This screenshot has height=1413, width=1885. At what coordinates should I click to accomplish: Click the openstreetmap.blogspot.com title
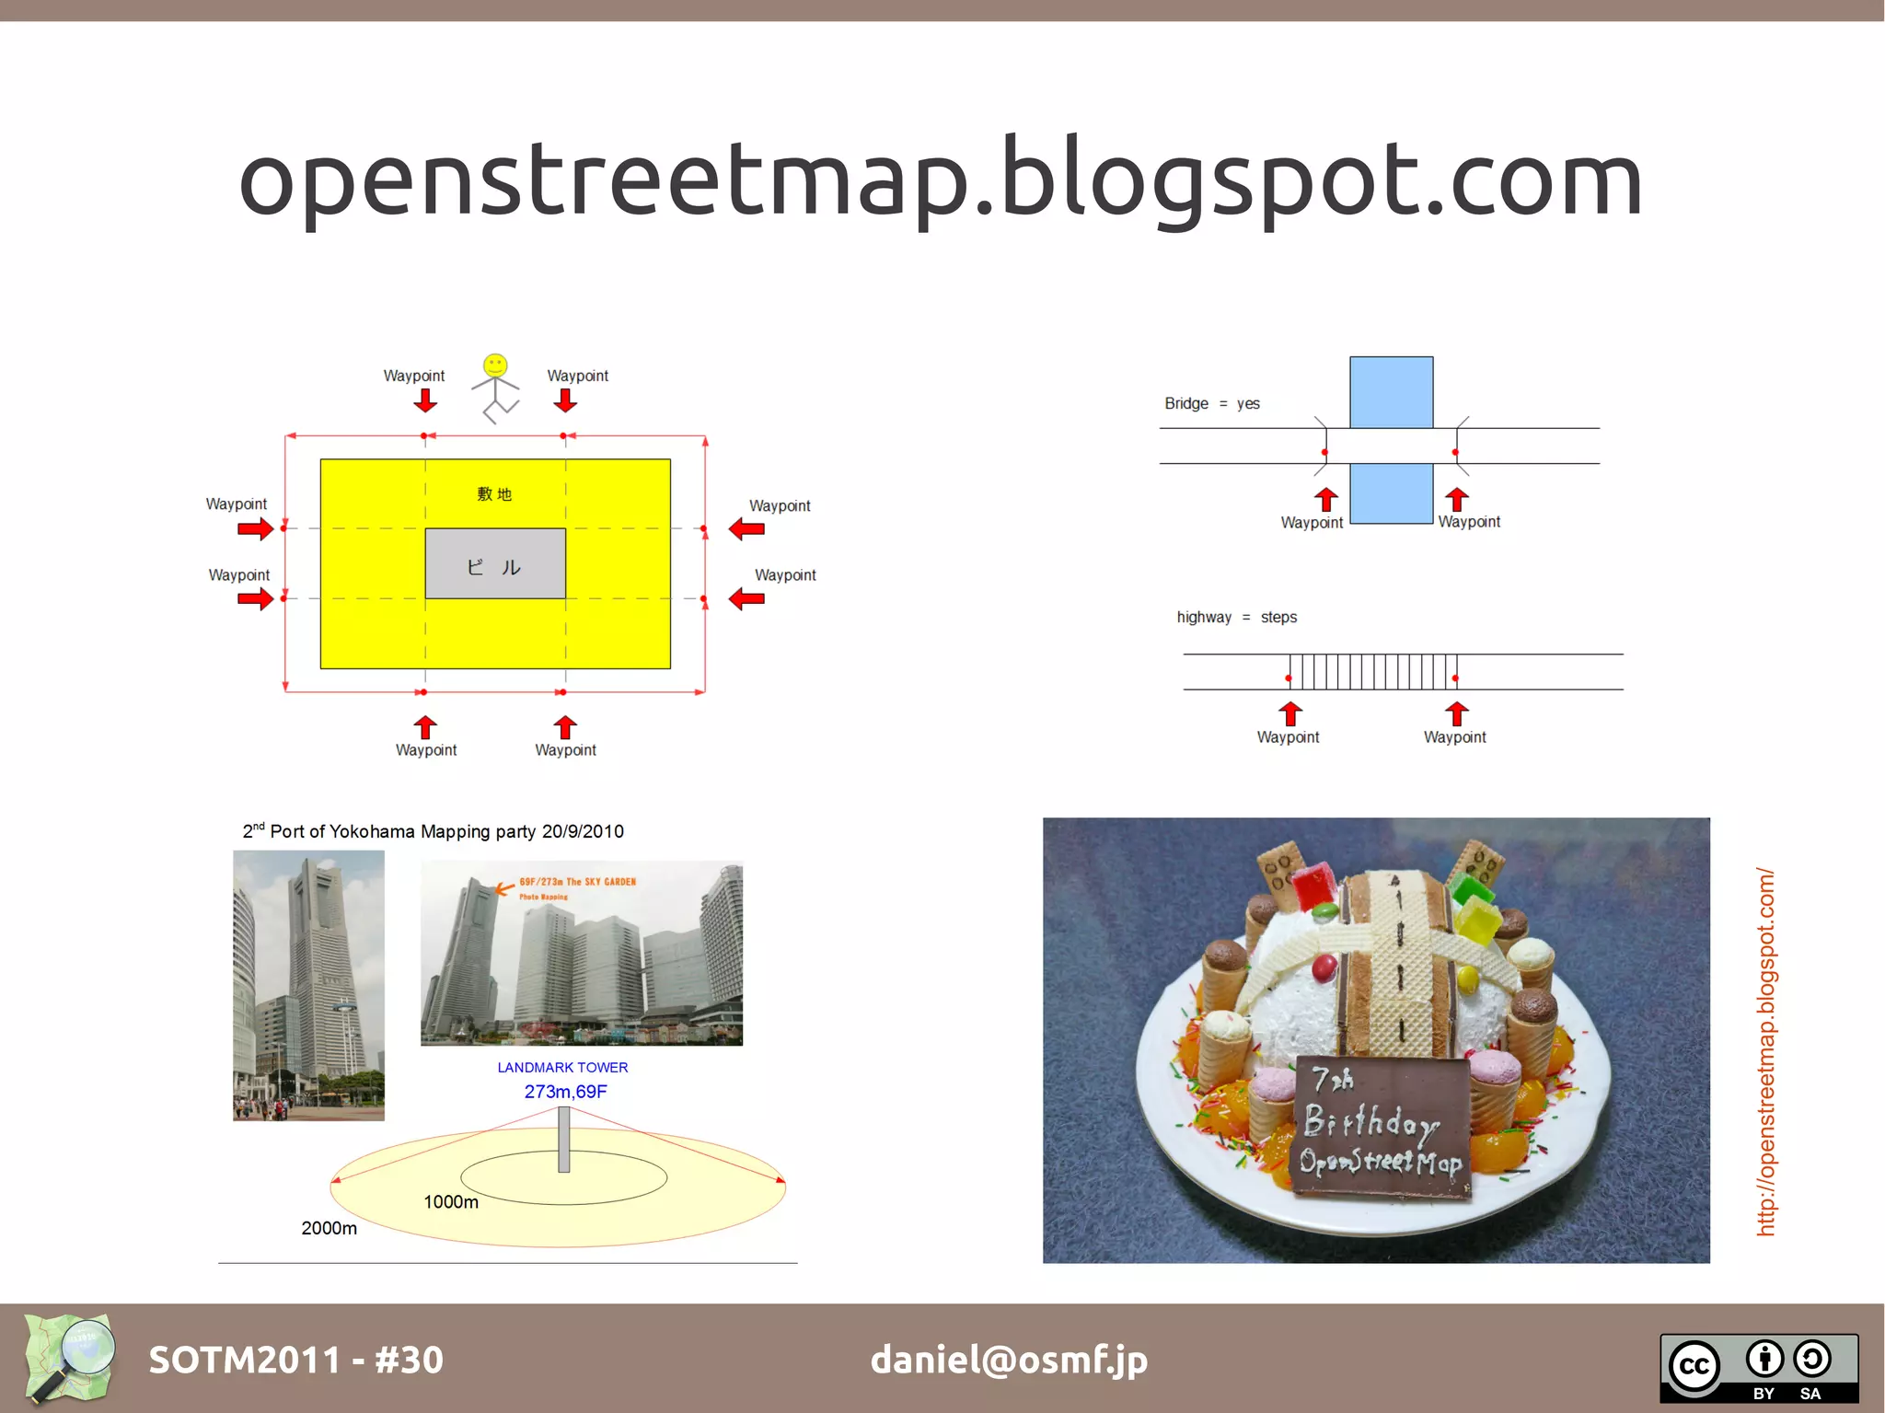(x=941, y=180)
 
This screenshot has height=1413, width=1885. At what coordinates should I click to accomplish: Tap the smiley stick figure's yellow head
(x=495, y=365)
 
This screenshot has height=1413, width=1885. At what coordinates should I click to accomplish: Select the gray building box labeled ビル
(x=495, y=563)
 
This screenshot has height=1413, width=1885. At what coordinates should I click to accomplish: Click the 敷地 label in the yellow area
(x=494, y=494)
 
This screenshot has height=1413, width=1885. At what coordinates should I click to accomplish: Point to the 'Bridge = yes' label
(x=1211, y=403)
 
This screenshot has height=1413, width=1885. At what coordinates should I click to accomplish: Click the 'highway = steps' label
(x=1236, y=617)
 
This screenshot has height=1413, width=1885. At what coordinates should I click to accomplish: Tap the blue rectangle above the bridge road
(x=1391, y=392)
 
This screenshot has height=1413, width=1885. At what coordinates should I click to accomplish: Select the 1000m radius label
(x=451, y=1201)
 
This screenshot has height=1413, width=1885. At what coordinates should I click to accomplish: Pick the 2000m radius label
(x=329, y=1228)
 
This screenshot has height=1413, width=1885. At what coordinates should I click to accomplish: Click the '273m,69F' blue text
(x=565, y=1092)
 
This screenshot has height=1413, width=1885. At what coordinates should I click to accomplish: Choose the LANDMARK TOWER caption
(x=562, y=1068)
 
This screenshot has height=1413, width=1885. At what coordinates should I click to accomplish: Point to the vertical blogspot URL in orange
(x=1765, y=1051)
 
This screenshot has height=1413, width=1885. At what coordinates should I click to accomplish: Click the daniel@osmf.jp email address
(x=1009, y=1360)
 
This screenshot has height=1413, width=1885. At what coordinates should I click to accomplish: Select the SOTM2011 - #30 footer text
(x=295, y=1360)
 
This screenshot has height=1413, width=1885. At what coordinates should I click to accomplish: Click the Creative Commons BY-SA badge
(x=1758, y=1368)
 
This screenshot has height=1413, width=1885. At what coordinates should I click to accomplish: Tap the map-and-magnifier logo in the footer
(x=71, y=1358)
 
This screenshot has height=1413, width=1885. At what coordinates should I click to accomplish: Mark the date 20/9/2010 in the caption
(x=583, y=831)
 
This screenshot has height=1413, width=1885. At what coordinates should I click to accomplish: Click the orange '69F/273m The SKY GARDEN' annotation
(x=577, y=882)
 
